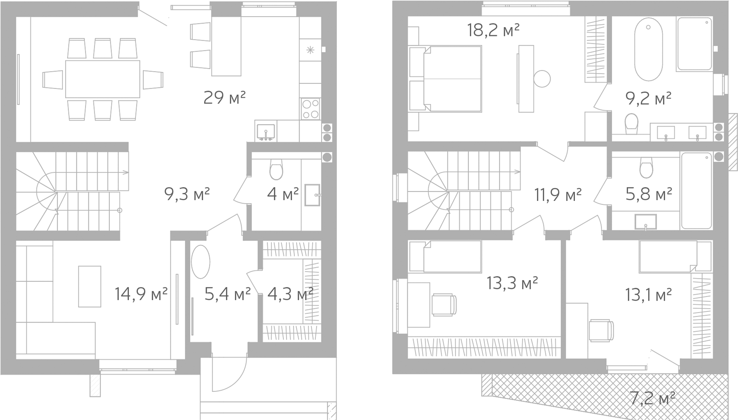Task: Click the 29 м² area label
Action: point(225,97)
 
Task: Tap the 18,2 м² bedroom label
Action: point(493,31)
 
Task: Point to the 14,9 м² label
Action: point(141,294)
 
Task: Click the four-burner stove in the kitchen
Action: point(311,109)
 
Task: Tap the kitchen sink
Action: point(266,132)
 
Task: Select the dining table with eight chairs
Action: point(103,79)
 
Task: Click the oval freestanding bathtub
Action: point(648,49)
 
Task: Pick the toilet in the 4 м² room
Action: point(276,169)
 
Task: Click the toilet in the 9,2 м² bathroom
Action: point(631,124)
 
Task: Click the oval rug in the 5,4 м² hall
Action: point(201,262)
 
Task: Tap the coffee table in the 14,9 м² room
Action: point(90,286)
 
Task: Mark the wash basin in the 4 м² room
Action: point(312,195)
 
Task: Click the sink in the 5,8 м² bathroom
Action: point(646,222)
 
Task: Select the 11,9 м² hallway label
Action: point(558,195)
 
